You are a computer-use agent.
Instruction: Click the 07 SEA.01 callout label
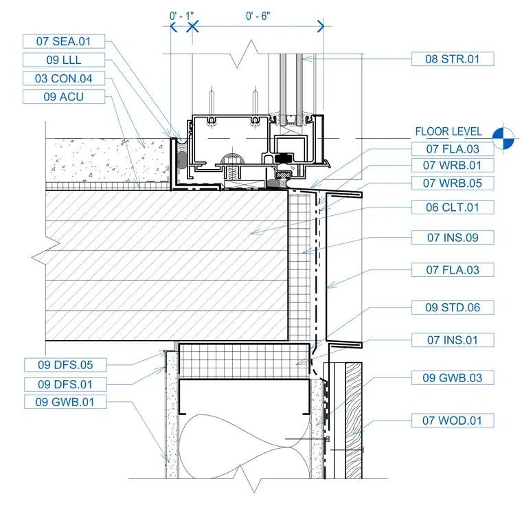coord(64,41)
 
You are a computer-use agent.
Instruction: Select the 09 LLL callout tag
coord(64,60)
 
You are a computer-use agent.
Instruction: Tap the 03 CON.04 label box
coord(64,78)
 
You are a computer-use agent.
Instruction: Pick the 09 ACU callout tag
coord(64,97)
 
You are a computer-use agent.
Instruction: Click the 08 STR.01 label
coord(453,59)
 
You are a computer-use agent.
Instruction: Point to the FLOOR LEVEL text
coord(449,131)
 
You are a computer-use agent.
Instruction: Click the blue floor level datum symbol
coord(503,138)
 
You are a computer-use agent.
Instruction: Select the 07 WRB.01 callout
coord(453,165)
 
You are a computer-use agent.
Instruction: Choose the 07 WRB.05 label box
coord(453,183)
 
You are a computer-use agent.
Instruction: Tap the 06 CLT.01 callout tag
coord(453,207)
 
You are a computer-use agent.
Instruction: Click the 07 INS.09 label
coord(453,238)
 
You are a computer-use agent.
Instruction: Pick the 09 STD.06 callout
coord(453,307)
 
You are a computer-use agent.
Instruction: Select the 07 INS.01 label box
coord(453,340)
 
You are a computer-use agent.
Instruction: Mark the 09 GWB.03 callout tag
coord(453,378)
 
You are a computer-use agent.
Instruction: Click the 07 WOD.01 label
coord(453,421)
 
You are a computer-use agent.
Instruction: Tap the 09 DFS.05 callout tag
coord(65,365)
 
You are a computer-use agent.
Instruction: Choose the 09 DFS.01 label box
coord(65,384)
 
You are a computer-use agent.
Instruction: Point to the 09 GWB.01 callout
coord(65,402)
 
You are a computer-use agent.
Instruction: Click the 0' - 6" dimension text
coord(258,16)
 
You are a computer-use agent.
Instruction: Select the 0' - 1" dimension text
coord(181,16)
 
